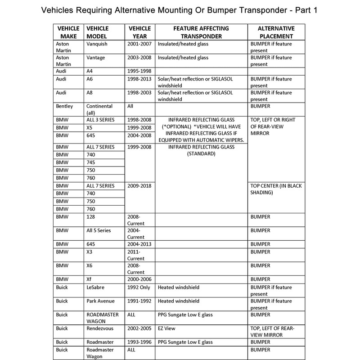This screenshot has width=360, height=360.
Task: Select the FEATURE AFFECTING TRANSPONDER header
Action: [x=200, y=32]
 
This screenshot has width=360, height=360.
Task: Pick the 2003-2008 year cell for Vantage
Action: [x=139, y=58]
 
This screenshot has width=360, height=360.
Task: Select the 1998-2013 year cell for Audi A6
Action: [x=139, y=78]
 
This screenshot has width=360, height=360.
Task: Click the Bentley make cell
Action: [x=65, y=106]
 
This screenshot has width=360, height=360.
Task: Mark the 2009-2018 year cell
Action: [x=139, y=186]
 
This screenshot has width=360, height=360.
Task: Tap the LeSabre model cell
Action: [x=96, y=287]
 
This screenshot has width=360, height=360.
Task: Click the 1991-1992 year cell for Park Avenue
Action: [x=139, y=301]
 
